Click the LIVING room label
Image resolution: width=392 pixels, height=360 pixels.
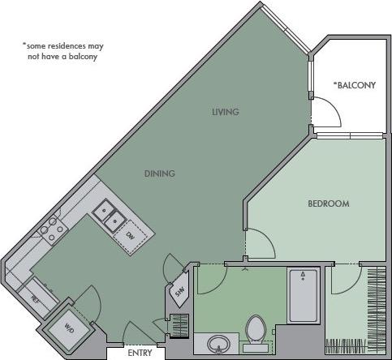click(225, 112)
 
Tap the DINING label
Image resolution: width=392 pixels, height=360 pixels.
click(160, 174)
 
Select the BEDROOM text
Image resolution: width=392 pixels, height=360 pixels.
click(328, 204)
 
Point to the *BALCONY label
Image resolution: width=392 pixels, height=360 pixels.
click(355, 84)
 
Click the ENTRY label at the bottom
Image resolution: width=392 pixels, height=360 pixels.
click(140, 353)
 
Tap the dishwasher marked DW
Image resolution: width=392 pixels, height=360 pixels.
click(131, 235)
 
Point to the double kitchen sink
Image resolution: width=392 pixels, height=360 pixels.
click(108, 216)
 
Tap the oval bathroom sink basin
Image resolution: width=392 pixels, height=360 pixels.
click(218, 345)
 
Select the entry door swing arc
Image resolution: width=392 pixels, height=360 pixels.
click(138, 332)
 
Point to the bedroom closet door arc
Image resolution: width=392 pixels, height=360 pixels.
click(344, 279)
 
